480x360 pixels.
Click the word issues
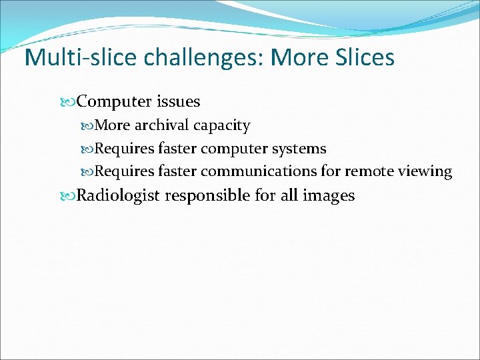pyautogui.click(x=178, y=101)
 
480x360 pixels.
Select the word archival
pyautogui.click(x=163, y=125)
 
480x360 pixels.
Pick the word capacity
pyautogui.click(x=221, y=126)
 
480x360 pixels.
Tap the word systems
pyautogui.click(x=299, y=149)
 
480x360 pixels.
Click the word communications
pyautogui.click(x=259, y=171)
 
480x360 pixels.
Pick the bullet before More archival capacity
pyautogui.click(x=89, y=126)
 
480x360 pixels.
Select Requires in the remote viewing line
pyautogui.click(x=124, y=171)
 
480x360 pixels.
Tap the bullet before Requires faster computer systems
pyautogui.click(x=89, y=149)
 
